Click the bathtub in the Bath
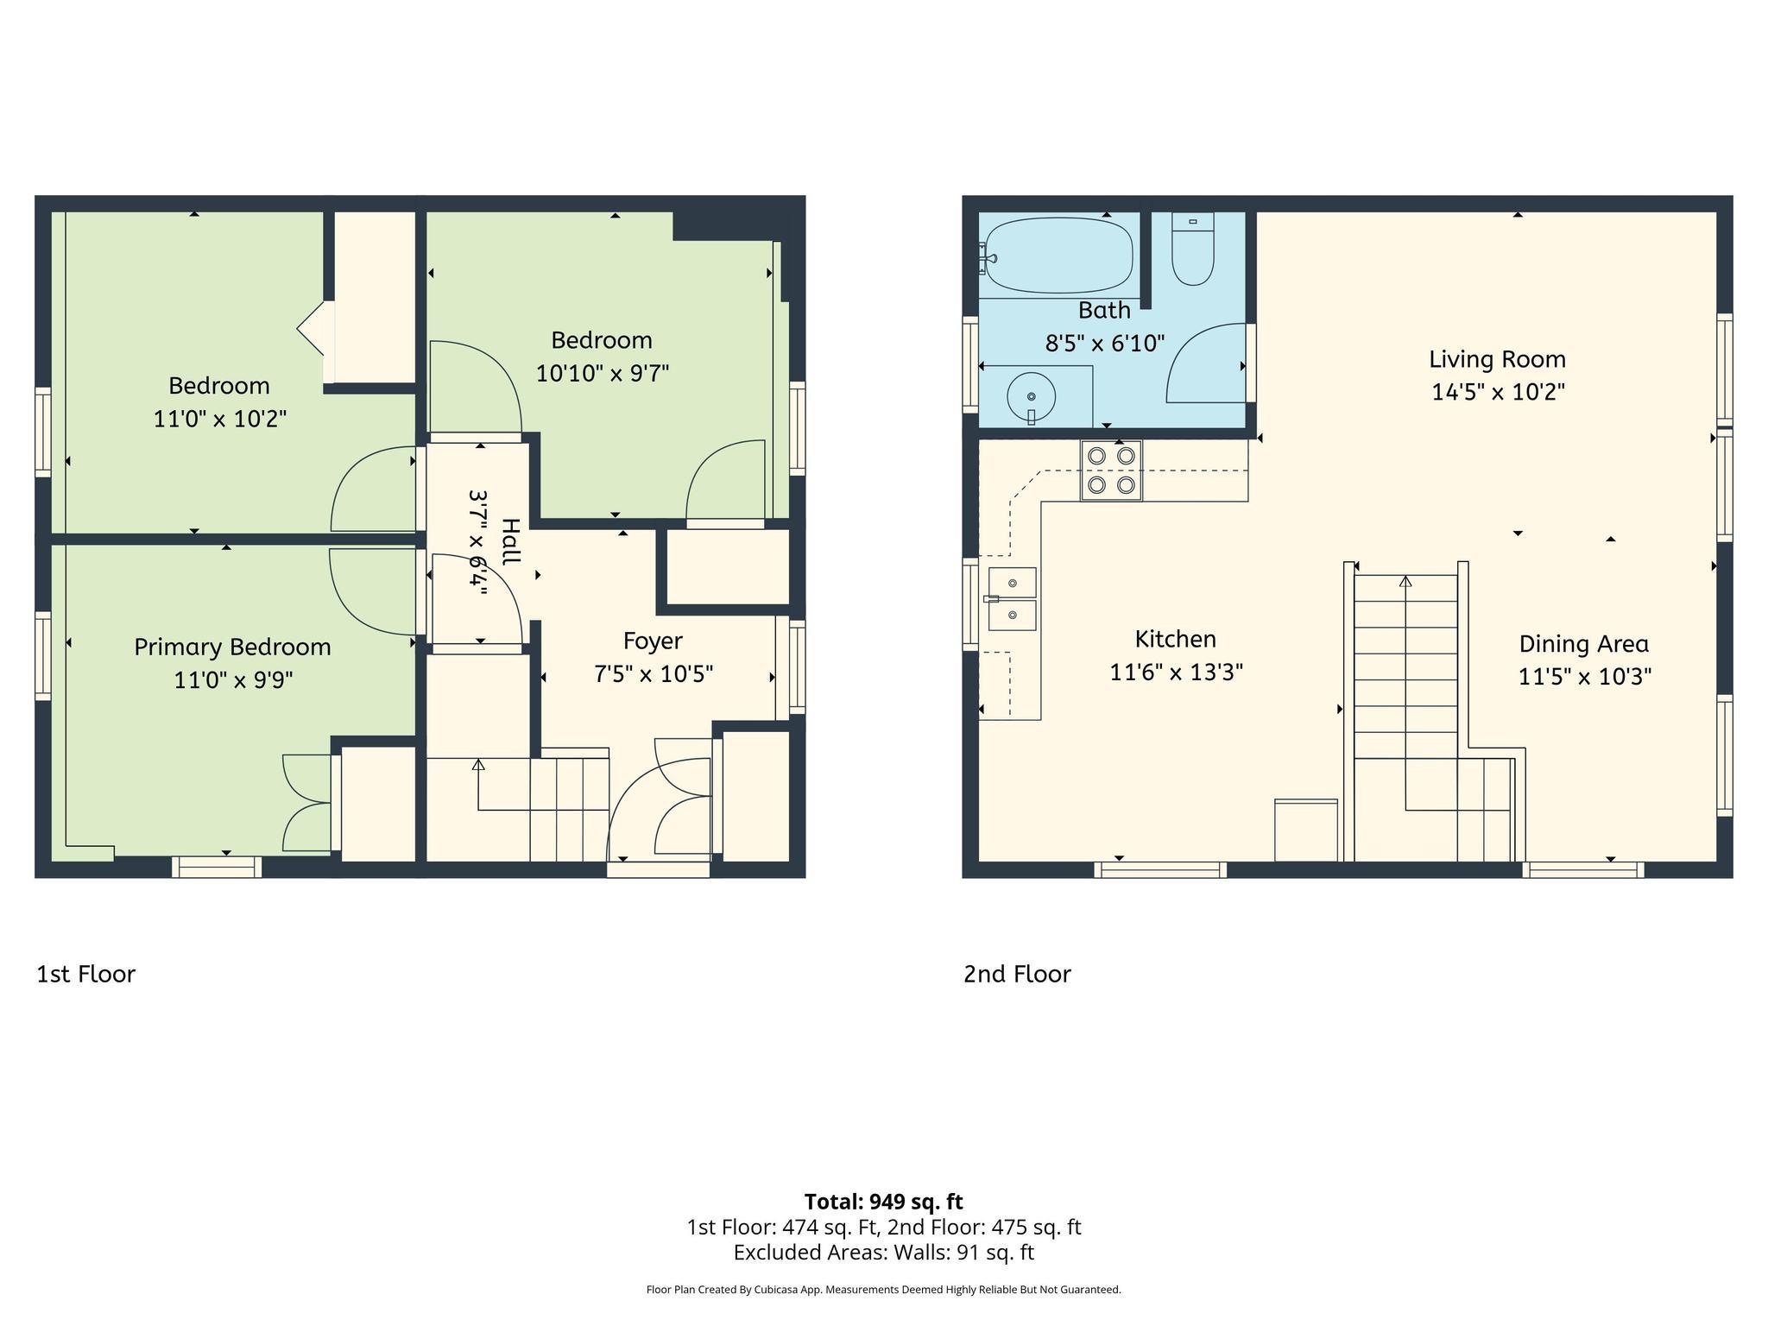tap(1058, 256)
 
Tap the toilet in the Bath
tap(1193, 250)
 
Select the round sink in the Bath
tap(1031, 397)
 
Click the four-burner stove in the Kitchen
tap(1111, 470)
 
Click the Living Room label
tap(1497, 359)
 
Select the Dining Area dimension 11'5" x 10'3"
tap(1584, 677)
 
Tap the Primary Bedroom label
tap(232, 647)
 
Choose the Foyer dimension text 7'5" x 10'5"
tap(654, 674)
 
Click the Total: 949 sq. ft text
tap(883, 1202)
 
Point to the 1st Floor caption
tap(85, 974)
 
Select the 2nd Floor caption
tap(1017, 974)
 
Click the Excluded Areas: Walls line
tap(883, 1253)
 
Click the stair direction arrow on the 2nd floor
tap(1405, 582)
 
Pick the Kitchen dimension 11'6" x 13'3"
tap(1175, 672)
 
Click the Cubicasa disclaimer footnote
tap(883, 1290)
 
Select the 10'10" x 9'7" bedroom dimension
tap(602, 374)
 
